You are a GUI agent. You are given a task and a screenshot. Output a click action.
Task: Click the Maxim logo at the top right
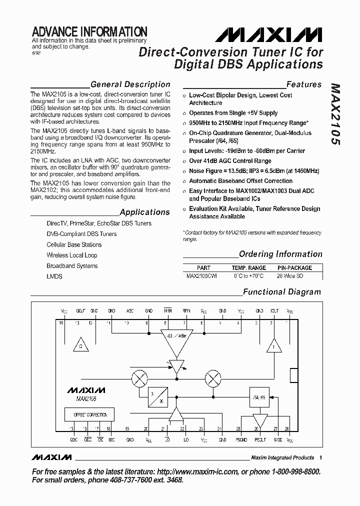point(269,34)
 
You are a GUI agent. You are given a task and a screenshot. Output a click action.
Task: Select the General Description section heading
point(130,84)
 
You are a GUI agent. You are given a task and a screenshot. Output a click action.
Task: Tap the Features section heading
point(304,84)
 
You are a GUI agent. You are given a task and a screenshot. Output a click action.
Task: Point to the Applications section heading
point(145,212)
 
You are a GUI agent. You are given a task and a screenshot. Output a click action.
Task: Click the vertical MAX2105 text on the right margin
point(333,113)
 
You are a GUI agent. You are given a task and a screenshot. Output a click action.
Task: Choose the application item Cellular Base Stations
point(74,244)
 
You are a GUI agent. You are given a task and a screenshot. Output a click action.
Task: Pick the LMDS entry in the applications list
point(54,276)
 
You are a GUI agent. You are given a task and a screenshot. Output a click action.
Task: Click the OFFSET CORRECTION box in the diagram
point(89,414)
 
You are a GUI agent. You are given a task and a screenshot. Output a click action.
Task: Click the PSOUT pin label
point(260,440)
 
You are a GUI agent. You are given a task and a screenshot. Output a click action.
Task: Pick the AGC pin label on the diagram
point(130,310)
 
